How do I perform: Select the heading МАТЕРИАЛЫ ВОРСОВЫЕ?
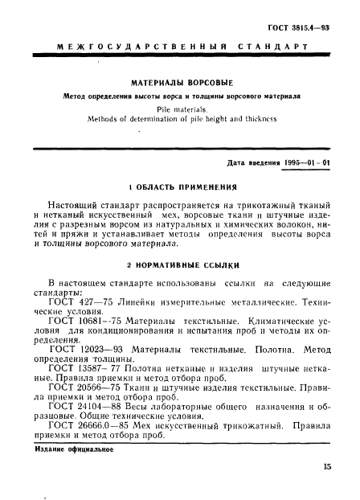click(x=180, y=81)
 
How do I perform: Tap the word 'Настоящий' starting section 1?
click(x=76, y=204)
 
